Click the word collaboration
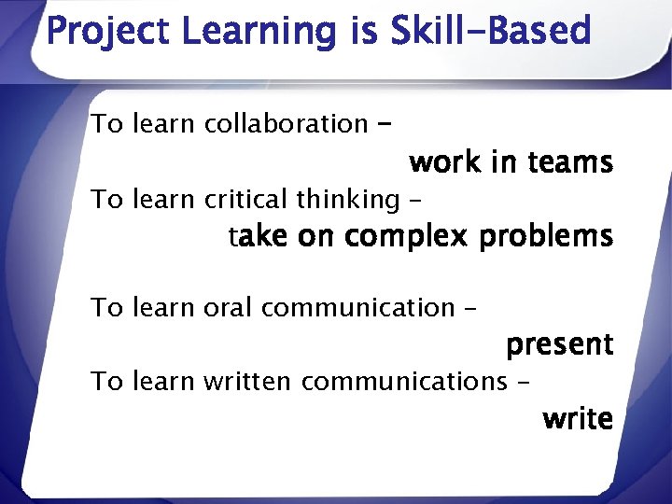click(x=286, y=123)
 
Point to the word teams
click(x=569, y=163)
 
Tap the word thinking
click(x=347, y=199)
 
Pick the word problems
click(x=545, y=237)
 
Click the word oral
click(x=223, y=307)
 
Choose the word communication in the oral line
click(x=357, y=307)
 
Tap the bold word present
click(x=559, y=345)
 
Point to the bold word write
click(x=577, y=419)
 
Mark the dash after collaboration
click(x=385, y=122)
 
